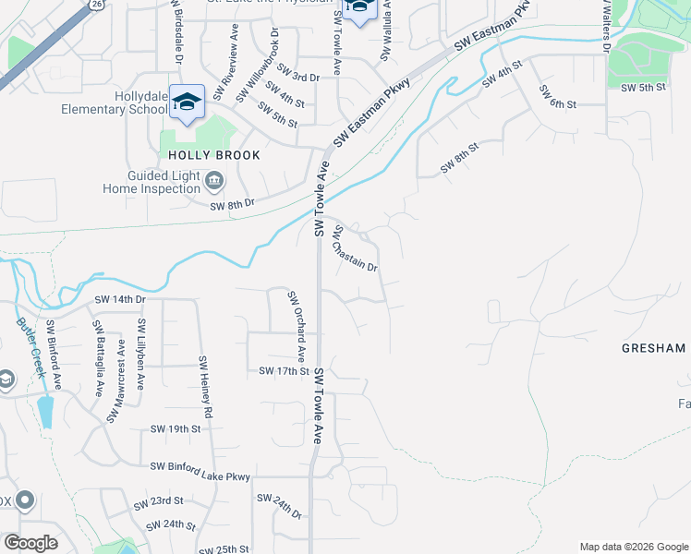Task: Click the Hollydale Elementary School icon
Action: point(187,102)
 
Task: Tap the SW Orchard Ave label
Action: point(296,326)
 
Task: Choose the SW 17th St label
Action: point(283,371)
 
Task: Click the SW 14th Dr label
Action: point(120,300)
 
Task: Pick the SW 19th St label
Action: point(176,429)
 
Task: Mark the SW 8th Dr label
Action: point(232,203)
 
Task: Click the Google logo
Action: point(30,543)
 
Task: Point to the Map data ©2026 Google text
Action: point(633,547)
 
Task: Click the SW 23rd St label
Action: point(158,502)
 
